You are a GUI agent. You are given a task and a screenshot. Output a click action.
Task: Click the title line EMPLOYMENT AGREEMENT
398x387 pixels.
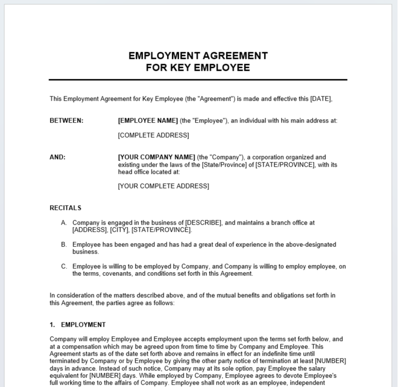coord(198,56)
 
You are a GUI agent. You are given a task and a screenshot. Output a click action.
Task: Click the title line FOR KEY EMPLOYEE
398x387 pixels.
coord(198,67)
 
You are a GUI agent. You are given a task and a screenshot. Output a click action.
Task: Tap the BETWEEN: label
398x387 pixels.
coord(67,121)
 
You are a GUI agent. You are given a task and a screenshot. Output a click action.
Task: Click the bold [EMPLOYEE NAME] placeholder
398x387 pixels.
coord(148,121)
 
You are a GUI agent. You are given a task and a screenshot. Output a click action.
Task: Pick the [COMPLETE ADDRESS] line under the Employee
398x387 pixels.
coord(153,135)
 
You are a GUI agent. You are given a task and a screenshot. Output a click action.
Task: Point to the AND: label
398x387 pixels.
coord(58,157)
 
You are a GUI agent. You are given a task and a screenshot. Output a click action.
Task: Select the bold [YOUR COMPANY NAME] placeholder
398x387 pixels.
coord(156,157)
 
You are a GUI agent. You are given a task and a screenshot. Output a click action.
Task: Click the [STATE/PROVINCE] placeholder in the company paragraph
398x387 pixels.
coord(285,165)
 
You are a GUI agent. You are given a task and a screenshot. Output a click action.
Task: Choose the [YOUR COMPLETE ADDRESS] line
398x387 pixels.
coord(163,186)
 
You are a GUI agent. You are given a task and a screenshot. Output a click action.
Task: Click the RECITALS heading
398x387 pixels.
coord(66,208)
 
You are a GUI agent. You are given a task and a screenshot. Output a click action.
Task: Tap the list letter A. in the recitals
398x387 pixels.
coord(64,223)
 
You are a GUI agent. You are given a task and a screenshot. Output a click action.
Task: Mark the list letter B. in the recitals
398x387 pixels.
coord(64,245)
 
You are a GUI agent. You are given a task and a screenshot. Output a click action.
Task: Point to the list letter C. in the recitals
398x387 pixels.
coord(64,266)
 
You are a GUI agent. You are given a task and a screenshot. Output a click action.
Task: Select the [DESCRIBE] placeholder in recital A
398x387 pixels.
coord(203,223)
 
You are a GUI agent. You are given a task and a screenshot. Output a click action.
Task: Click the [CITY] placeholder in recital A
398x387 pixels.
coord(119,230)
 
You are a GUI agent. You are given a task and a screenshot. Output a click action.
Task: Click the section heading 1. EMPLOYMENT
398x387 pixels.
coord(78,325)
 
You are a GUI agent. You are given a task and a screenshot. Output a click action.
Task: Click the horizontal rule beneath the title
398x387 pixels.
coord(198,80)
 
